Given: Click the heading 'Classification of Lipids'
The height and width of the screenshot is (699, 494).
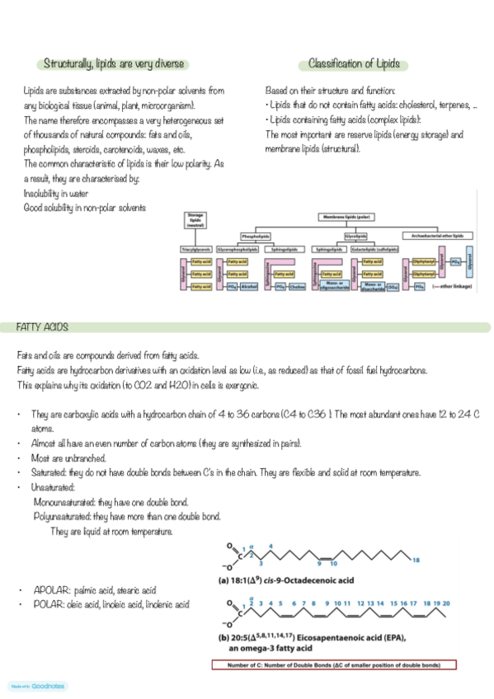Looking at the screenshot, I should click(358, 63).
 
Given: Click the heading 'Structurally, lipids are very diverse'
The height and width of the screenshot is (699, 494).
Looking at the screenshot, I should click(115, 64).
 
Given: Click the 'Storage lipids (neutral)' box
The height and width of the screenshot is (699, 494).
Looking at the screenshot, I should click(195, 219).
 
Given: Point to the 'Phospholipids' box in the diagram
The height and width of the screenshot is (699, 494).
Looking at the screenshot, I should click(256, 235).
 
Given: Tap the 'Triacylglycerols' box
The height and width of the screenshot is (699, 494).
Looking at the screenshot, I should click(196, 248).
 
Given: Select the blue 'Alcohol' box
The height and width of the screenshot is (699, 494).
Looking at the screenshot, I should click(248, 286).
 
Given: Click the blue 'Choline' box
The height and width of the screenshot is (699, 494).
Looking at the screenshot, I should click(297, 286).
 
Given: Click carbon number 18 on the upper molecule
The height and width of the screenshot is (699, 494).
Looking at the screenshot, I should click(415, 560).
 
